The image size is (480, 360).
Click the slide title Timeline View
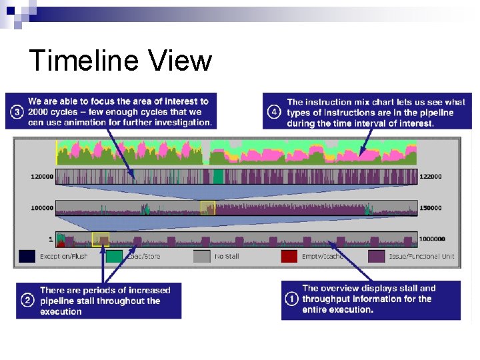(x=121, y=61)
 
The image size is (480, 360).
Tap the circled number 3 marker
(x=17, y=112)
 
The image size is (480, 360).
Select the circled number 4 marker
(x=274, y=112)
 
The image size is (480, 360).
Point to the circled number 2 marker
(x=28, y=301)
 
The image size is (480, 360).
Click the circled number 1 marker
(x=291, y=299)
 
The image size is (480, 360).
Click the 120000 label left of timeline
(x=41, y=177)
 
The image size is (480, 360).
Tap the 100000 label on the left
(x=41, y=208)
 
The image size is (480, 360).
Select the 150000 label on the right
(x=431, y=208)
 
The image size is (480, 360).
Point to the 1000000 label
(x=433, y=239)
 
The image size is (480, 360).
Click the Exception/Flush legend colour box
(x=27, y=256)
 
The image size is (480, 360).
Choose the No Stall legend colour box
(x=202, y=256)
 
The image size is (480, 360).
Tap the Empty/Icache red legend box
(x=289, y=256)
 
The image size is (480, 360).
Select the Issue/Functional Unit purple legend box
(x=377, y=256)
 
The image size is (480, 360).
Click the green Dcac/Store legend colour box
(x=114, y=256)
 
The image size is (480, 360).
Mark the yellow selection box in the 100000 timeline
(x=208, y=208)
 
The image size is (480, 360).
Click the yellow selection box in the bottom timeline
(x=100, y=239)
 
